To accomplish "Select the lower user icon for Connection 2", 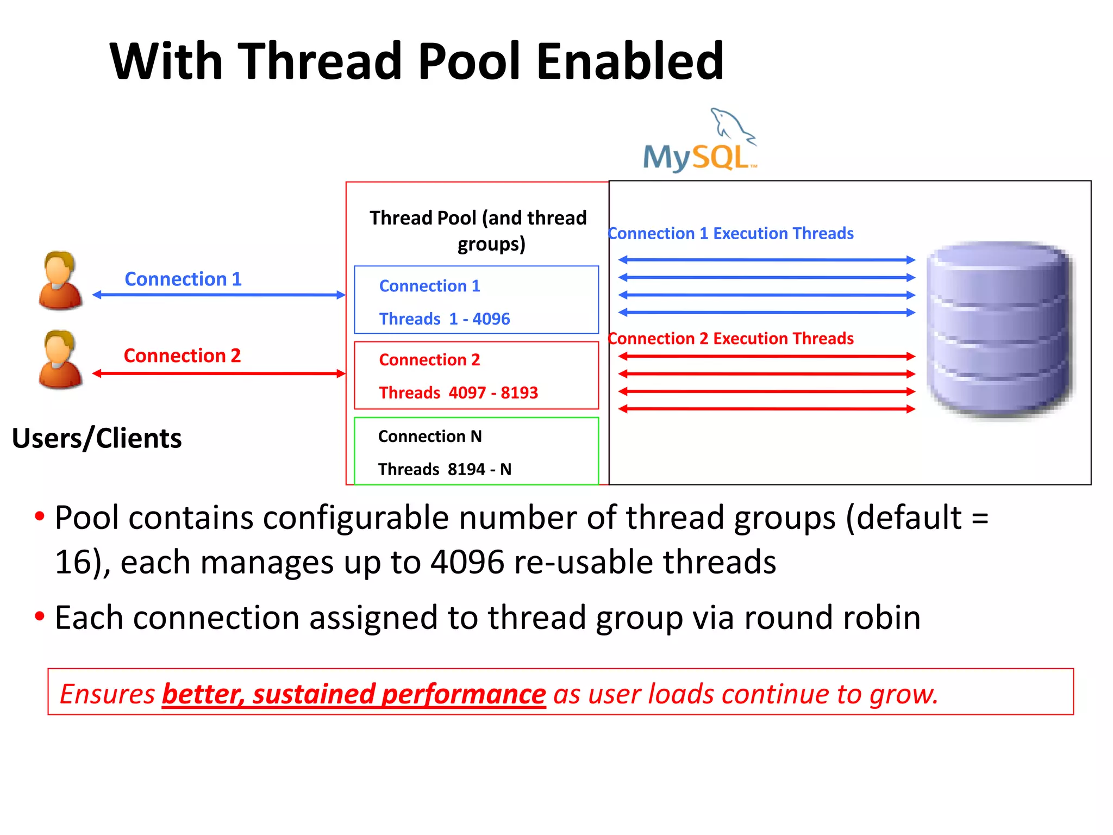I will [x=60, y=359].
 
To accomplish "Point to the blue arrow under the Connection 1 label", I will [x=218, y=295].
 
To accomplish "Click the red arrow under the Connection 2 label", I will [x=218, y=373].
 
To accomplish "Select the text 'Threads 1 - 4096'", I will [x=445, y=319].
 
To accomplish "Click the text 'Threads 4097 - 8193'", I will [x=458, y=392].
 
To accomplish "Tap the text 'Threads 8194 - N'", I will [x=445, y=469].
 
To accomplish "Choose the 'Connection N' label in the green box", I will [x=430, y=437].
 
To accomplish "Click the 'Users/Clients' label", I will [x=97, y=438].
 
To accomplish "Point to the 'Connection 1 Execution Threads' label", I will [x=731, y=233].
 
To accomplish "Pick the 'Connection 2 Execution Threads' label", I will [x=731, y=339].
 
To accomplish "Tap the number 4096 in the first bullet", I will [x=467, y=562].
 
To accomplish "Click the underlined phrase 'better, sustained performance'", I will [x=354, y=694].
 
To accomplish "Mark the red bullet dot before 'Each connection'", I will [x=40, y=616].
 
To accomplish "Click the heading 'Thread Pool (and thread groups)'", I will [x=478, y=230].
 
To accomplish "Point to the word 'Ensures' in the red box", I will [x=107, y=694].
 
